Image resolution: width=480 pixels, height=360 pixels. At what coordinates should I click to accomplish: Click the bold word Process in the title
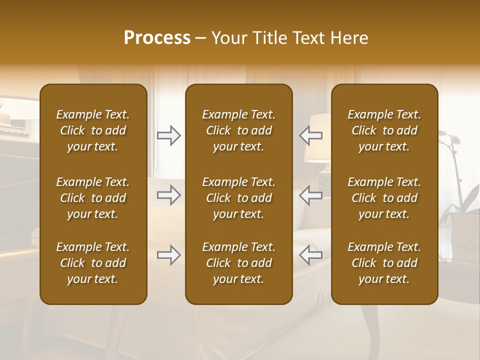pyautogui.click(x=157, y=38)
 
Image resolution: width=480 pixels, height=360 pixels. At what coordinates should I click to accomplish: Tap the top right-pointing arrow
pyautogui.click(x=169, y=135)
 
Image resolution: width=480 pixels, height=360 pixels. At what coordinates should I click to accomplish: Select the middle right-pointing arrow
pyautogui.click(x=169, y=195)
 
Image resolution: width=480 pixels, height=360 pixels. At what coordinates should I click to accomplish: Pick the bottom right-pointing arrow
pyautogui.click(x=169, y=255)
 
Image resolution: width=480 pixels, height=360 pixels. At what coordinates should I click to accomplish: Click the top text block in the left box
pyautogui.click(x=93, y=130)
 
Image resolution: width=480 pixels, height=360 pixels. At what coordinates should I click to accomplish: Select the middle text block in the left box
pyautogui.click(x=93, y=198)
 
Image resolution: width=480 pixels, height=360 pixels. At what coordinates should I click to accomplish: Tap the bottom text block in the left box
pyautogui.click(x=93, y=263)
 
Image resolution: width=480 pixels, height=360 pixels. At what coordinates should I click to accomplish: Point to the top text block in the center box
pyautogui.click(x=239, y=130)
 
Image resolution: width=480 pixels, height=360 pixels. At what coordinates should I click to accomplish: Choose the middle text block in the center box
pyautogui.click(x=239, y=198)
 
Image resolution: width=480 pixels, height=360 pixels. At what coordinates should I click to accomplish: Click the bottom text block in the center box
pyautogui.click(x=239, y=263)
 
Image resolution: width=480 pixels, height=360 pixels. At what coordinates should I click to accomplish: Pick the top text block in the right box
pyautogui.click(x=384, y=130)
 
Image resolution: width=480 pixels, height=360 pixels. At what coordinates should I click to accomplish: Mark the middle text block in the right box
pyautogui.click(x=384, y=198)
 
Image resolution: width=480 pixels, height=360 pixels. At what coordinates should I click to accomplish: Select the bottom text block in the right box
pyautogui.click(x=384, y=263)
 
